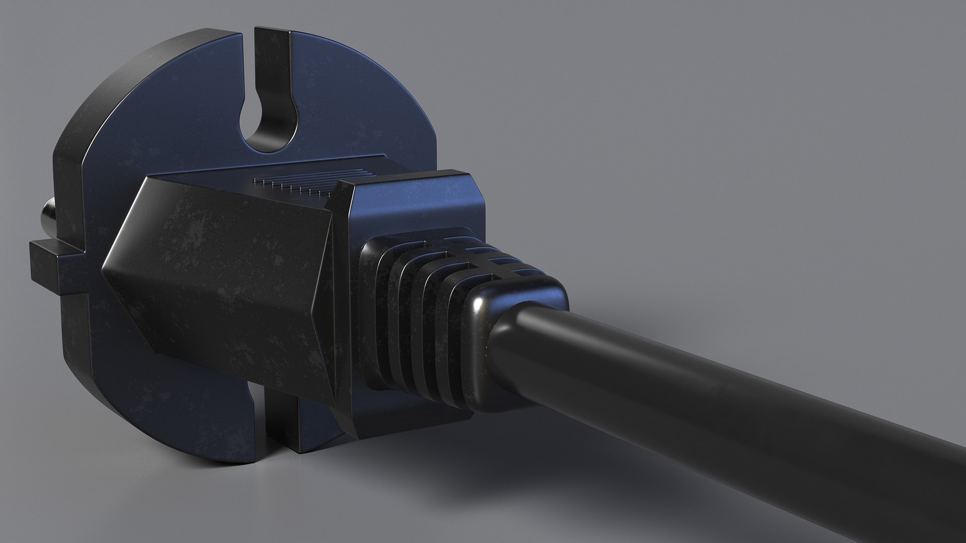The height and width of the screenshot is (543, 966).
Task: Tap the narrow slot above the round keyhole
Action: pos(272,60)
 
